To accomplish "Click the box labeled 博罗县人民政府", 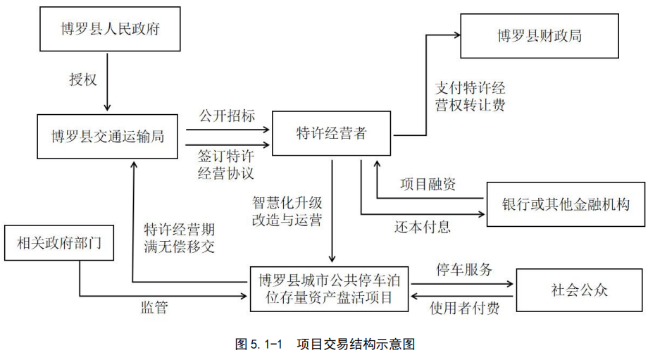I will (107, 29).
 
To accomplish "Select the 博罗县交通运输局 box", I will (107, 135).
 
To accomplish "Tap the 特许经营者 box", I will (331, 133).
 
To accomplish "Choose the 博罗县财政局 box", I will (540, 35).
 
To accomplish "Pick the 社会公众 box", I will (579, 289).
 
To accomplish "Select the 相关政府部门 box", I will (59, 243).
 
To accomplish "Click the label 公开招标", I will (227, 116).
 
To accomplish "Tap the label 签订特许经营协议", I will (227, 163).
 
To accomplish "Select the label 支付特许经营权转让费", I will (470, 97).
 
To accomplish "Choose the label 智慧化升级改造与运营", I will (287, 211).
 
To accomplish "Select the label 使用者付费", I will (464, 307).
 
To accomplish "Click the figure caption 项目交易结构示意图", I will (324, 345).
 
